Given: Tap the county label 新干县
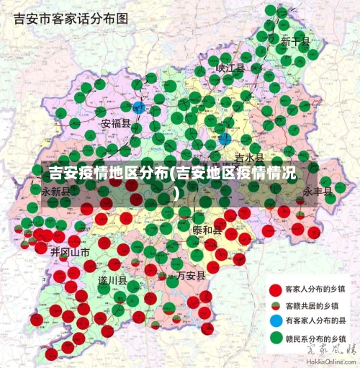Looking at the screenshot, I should (x=295, y=42).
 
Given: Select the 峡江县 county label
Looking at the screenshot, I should (x=230, y=68).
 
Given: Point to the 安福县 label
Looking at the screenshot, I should (x=116, y=123).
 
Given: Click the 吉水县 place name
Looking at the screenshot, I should (x=249, y=157).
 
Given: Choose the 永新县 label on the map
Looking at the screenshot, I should (x=56, y=192).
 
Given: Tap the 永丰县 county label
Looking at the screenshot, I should (x=318, y=192).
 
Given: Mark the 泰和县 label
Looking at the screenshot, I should (x=207, y=230).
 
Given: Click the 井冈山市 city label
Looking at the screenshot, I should (x=70, y=252).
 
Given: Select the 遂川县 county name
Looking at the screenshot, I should (x=112, y=280).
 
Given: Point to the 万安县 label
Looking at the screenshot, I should (x=191, y=275).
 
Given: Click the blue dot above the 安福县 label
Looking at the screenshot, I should (x=139, y=108).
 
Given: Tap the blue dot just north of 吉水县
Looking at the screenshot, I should (x=225, y=138).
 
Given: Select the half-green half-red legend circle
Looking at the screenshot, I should (x=275, y=305).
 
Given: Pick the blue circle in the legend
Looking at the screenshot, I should (x=275, y=320).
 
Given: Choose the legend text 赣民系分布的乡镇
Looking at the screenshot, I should (x=318, y=336).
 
